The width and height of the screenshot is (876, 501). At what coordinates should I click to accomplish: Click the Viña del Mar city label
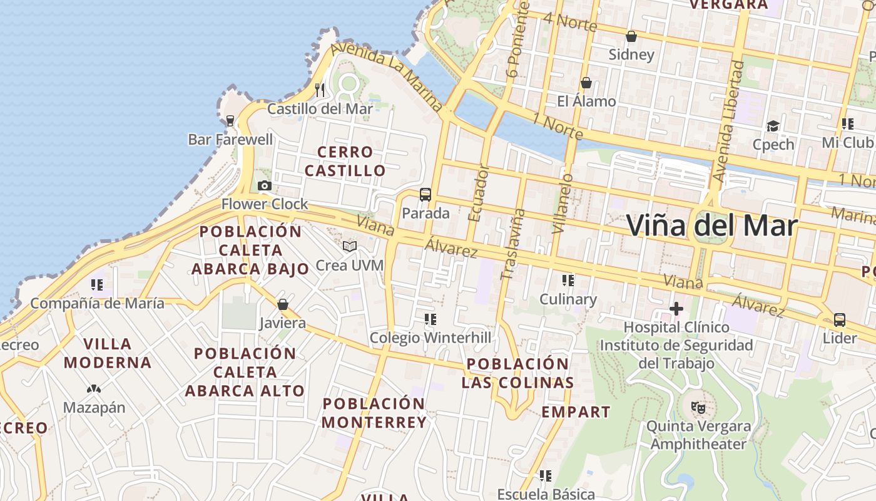point(712,225)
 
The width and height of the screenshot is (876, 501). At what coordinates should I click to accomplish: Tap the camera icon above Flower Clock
point(265,185)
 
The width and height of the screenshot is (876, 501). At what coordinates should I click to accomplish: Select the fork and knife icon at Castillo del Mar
point(320,90)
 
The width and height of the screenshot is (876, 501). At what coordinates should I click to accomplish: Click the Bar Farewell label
point(230,139)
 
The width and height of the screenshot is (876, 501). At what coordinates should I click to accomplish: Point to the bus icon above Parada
point(425,194)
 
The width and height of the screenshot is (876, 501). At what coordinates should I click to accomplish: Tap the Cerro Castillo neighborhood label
point(345,161)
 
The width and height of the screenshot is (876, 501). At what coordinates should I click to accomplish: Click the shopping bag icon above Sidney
point(631,36)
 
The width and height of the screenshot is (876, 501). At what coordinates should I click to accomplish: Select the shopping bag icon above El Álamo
point(586,83)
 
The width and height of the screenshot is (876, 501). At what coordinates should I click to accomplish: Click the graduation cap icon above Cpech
point(773,126)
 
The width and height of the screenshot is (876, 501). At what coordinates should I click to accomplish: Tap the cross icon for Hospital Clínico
point(676,308)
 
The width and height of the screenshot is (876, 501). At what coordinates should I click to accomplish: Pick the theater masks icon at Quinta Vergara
point(698,408)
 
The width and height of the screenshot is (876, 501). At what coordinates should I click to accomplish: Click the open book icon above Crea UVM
point(349,246)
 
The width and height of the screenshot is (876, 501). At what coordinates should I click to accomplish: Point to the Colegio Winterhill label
point(430,338)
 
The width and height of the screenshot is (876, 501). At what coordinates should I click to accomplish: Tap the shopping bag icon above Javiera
point(283,304)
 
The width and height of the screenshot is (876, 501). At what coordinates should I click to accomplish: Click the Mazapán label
point(94,408)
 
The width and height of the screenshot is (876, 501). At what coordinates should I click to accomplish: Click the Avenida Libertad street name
point(728,122)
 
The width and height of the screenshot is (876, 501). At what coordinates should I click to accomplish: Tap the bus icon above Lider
point(840,320)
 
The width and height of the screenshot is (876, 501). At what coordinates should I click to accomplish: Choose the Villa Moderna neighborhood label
point(107,353)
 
